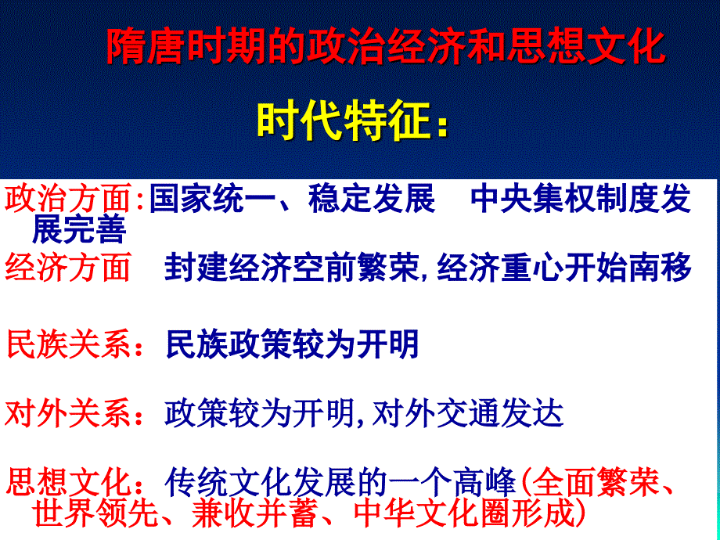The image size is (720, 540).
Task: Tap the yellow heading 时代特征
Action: (344, 121)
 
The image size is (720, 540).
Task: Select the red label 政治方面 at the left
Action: (68, 198)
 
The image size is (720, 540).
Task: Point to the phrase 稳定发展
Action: (372, 198)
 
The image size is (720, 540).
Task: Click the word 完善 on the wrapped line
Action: (95, 229)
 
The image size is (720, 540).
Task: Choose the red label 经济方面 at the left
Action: (68, 267)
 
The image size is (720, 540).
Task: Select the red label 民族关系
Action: (69, 344)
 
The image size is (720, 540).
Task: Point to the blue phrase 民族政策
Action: (229, 344)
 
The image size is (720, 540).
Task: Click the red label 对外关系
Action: (68, 413)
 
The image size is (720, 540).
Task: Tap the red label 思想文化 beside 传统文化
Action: (69, 482)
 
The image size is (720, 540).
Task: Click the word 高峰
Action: (484, 482)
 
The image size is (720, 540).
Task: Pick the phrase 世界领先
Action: (95, 513)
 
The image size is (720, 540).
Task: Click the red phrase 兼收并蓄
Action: (255, 513)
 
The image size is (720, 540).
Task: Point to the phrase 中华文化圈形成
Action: (464, 513)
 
